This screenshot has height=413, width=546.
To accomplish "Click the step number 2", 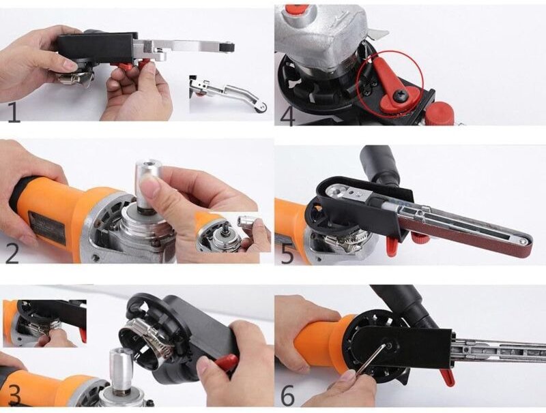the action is pyautogui.click(x=12, y=252).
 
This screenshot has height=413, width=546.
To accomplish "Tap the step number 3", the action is pyautogui.click(x=13, y=395).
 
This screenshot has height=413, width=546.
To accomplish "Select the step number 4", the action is pyautogui.click(x=287, y=114).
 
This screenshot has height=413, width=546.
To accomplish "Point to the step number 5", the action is pyautogui.click(x=287, y=254).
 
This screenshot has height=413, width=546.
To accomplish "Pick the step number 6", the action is pyautogui.click(x=287, y=395).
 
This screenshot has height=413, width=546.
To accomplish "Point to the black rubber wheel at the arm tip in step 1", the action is pyautogui.click(x=228, y=47).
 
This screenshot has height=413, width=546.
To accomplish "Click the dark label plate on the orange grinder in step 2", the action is pyautogui.click(x=46, y=226).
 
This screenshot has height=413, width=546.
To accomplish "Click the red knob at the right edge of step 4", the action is pyautogui.click(x=440, y=112).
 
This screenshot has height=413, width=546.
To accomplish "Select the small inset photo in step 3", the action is pyautogui.click(x=44, y=323).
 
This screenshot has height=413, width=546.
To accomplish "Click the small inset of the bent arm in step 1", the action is pyautogui.click(x=228, y=93).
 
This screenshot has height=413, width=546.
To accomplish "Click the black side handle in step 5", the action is pyautogui.click(x=380, y=164).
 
